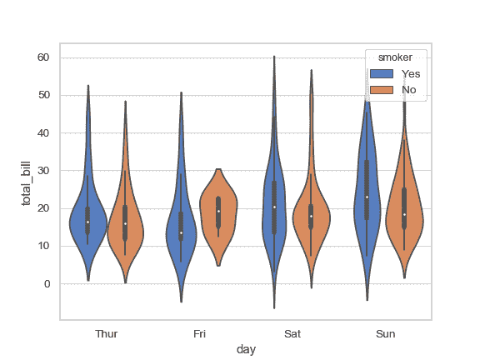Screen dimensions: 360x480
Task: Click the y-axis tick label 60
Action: click(43, 57)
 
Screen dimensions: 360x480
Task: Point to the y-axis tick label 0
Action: click(47, 284)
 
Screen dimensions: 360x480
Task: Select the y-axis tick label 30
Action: click(43, 171)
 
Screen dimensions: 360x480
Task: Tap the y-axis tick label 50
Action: click(43, 95)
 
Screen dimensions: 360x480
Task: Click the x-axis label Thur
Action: click(107, 334)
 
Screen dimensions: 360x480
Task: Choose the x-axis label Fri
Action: click(200, 334)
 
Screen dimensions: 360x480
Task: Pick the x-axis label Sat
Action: click(292, 334)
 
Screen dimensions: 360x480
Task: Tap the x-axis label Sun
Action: click(386, 334)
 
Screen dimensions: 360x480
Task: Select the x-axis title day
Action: click(246, 350)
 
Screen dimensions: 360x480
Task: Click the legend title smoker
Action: click(397, 57)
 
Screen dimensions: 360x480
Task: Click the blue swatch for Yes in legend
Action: click(381, 74)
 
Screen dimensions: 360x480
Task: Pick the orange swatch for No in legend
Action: click(381, 89)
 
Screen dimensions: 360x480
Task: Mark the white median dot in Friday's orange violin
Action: click(218, 211)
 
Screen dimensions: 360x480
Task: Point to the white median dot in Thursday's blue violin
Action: click(87, 222)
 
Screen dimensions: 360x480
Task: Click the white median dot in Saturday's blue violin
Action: click(274, 207)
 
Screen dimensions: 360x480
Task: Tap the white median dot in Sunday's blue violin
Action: click(367, 197)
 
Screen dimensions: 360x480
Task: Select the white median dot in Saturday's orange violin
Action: click(311, 217)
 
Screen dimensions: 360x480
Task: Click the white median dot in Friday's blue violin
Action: click(181, 232)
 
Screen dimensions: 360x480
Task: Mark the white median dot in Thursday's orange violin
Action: click(125, 223)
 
